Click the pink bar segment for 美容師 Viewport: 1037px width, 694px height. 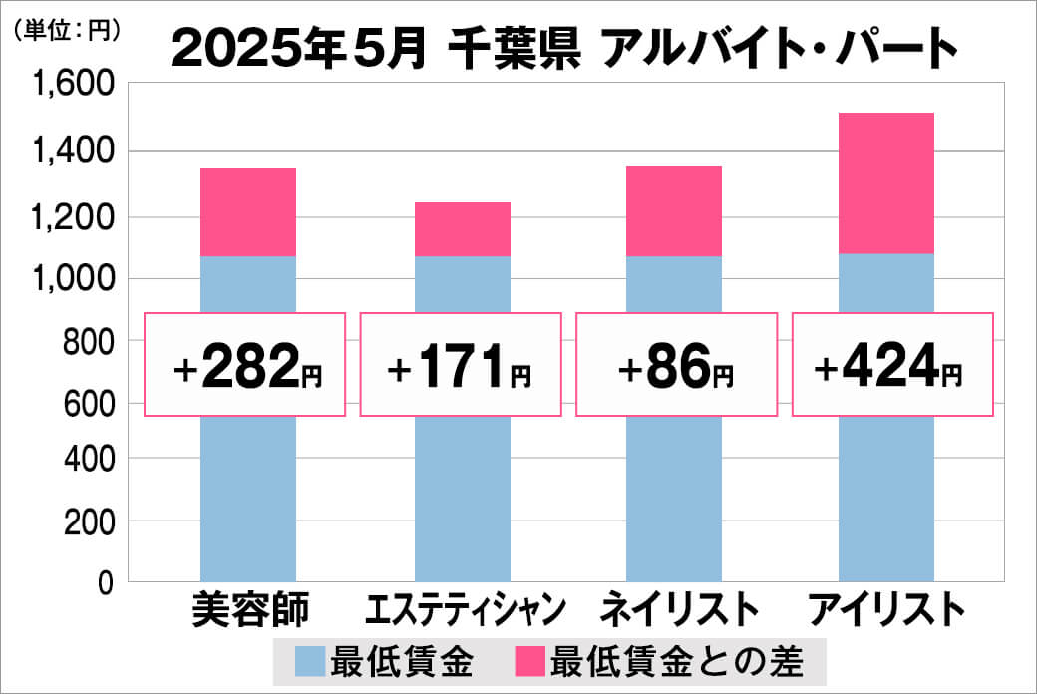point(248,211)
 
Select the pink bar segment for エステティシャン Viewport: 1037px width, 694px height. point(462,229)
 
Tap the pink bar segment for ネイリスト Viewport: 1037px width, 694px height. point(674,210)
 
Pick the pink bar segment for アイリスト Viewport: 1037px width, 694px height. point(886,183)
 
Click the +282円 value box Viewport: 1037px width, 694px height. point(246,365)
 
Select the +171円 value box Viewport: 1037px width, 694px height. point(460,365)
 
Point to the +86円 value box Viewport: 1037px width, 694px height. point(675,365)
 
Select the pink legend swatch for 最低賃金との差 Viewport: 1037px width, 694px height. point(529,660)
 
